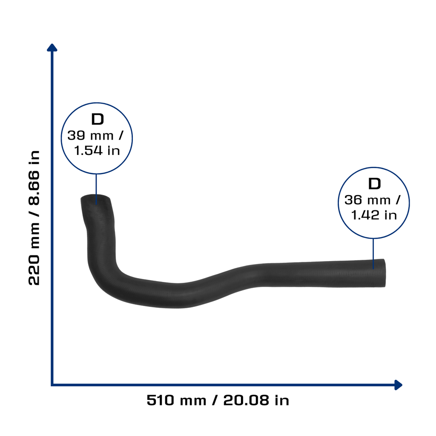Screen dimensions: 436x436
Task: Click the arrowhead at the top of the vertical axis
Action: [x=52, y=47]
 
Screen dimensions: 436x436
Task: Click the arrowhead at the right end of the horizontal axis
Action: [x=399, y=385]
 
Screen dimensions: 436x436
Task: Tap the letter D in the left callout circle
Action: [x=98, y=119]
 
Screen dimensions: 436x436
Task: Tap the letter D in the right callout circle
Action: [x=374, y=184]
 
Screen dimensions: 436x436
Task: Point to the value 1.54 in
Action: [x=97, y=151]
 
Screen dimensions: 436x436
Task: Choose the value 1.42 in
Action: [x=374, y=215]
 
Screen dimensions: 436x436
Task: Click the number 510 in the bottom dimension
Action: [x=161, y=400]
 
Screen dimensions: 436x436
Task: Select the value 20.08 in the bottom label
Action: [x=247, y=400]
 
